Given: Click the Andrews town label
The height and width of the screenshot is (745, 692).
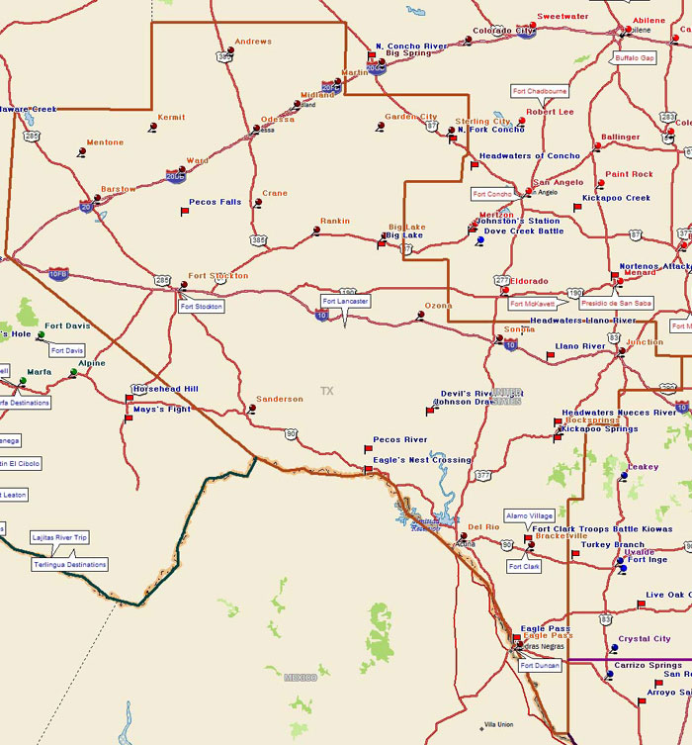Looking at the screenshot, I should (x=254, y=42).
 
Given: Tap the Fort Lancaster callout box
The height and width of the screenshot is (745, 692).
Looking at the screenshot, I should (x=345, y=301).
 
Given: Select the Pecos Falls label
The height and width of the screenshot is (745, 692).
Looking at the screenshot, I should (x=215, y=202).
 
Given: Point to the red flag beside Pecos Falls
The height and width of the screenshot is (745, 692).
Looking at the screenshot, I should (x=184, y=211).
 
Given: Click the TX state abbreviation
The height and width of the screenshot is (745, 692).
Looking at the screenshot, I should (x=327, y=391).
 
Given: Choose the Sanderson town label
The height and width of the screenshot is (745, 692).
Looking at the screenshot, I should (x=280, y=399).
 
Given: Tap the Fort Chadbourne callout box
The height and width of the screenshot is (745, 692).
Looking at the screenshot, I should (x=540, y=91).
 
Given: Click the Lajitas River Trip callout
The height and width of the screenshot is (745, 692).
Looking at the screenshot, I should (x=60, y=537).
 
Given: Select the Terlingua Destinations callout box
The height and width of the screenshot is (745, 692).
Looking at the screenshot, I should (x=69, y=564).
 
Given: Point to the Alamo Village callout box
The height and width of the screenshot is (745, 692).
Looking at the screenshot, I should (x=529, y=515).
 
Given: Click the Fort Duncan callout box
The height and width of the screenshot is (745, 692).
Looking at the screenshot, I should (x=540, y=666).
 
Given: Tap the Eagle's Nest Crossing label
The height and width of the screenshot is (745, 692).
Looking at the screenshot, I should (x=422, y=460).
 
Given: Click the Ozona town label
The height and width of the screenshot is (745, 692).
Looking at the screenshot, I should (x=438, y=306).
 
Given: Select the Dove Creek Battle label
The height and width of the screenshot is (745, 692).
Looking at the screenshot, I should (x=523, y=231).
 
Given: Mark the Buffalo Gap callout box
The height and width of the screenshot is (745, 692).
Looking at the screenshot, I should (x=635, y=58).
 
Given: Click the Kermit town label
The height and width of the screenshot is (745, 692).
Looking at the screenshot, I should (x=171, y=117).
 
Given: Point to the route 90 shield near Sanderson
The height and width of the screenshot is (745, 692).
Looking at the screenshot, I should (x=291, y=433).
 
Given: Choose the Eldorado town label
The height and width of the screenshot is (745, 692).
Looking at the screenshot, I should (x=529, y=281).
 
